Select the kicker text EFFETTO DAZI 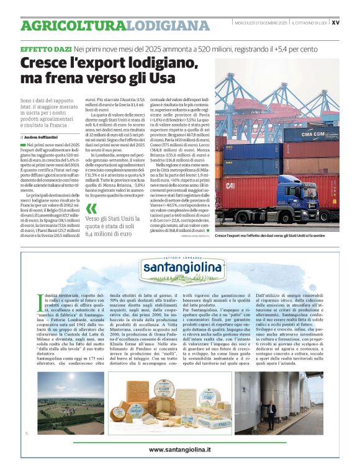click(45, 48)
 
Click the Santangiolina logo click(181, 267)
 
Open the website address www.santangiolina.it click(180, 448)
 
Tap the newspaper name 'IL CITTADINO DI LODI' click(310, 23)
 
